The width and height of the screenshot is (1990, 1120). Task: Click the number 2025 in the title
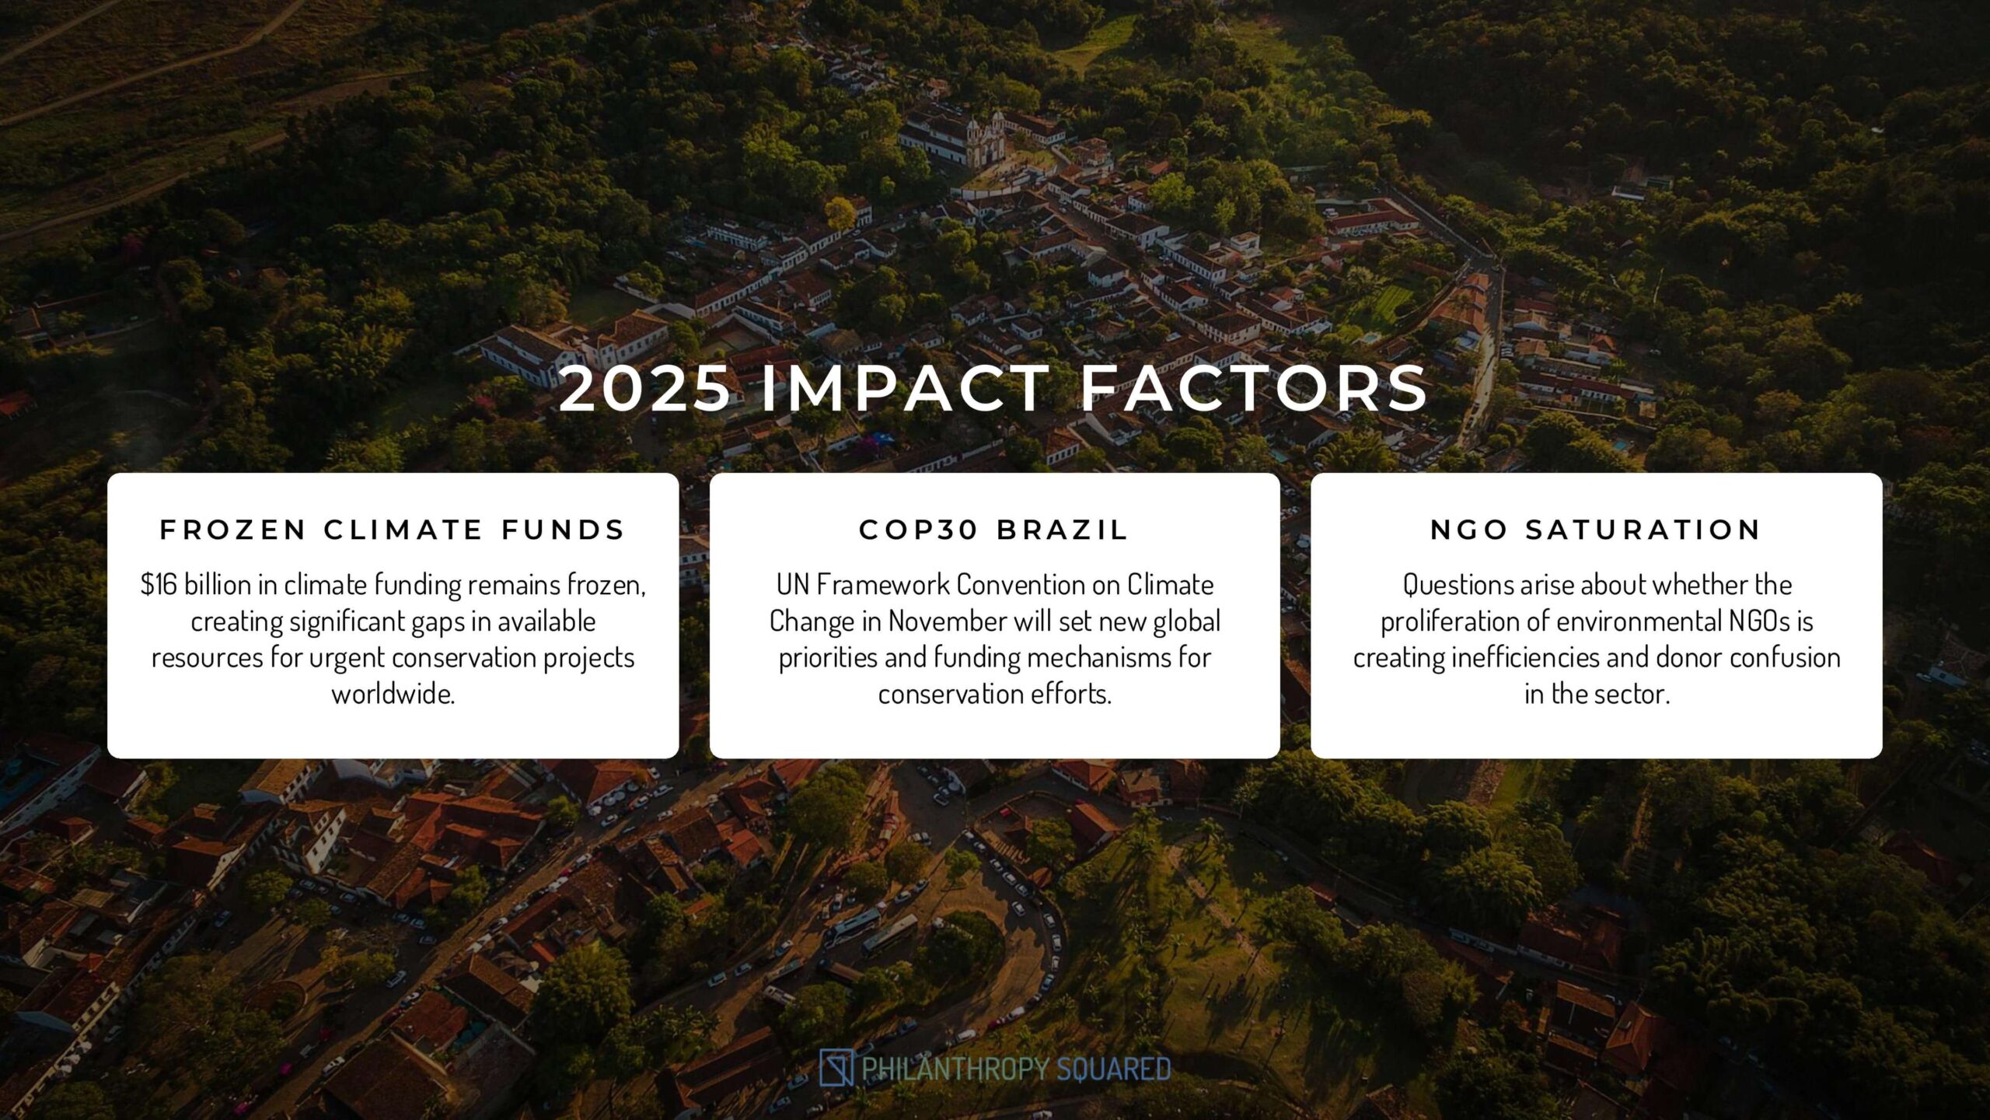[x=645, y=388]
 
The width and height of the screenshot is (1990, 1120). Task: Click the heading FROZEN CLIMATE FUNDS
[x=393, y=530]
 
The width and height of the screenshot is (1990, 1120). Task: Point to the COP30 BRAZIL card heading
[x=994, y=530]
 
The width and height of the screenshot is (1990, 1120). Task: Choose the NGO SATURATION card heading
[x=1596, y=530]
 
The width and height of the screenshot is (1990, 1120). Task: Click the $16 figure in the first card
[x=159, y=584]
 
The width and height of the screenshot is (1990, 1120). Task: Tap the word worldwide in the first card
[x=393, y=693]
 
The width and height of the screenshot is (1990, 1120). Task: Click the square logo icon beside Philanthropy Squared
[x=836, y=1067]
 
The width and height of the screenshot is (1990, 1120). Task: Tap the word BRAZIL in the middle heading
[x=1063, y=530]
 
